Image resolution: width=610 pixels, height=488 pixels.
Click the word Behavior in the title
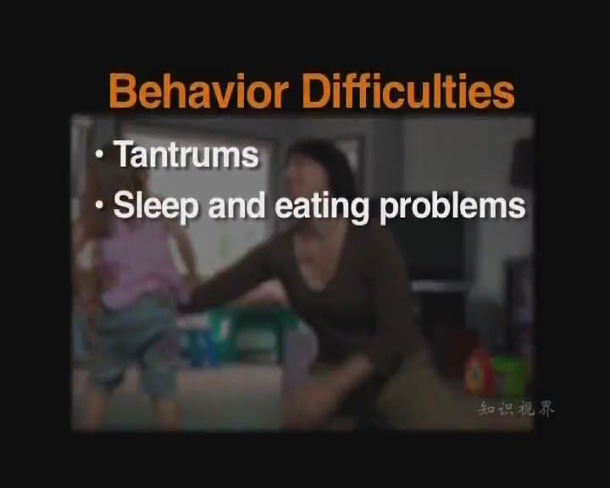pos(198,91)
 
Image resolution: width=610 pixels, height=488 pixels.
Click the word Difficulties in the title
pos(408,91)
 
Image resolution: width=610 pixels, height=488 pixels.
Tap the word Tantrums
pos(186,154)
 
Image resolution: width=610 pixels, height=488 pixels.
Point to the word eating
pos(321,207)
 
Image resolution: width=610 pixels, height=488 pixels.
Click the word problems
pos(452,207)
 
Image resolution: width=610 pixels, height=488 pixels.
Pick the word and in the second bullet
pos(236,206)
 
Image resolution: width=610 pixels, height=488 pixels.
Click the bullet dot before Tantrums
pos(100,154)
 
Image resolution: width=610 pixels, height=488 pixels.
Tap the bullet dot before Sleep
pos(100,206)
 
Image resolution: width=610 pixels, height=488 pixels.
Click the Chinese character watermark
pos(516,409)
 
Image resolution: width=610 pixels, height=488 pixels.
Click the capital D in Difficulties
pos(316,91)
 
